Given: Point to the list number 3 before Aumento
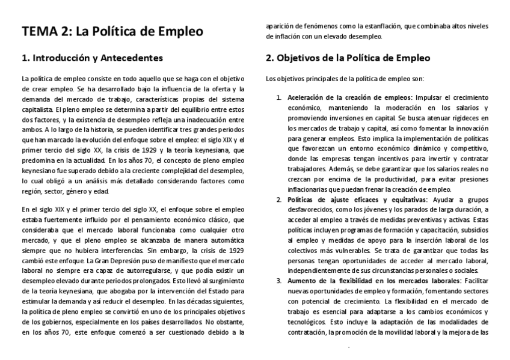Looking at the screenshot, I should pos(278,280).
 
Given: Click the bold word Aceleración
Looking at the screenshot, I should pos(308,97).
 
